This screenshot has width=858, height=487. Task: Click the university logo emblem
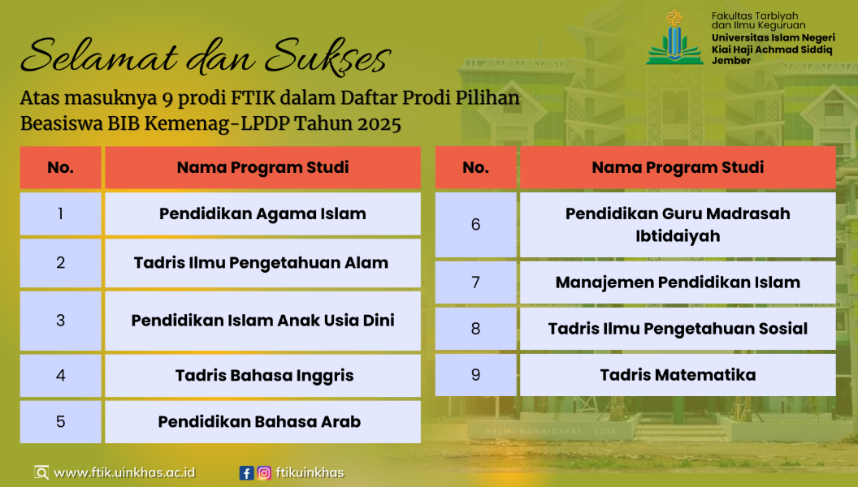674,37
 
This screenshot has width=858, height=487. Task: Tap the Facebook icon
246,472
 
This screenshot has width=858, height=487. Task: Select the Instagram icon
264,472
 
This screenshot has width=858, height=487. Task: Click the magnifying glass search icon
41,472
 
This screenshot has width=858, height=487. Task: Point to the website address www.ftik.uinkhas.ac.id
125,472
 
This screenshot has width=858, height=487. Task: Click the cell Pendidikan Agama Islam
262,213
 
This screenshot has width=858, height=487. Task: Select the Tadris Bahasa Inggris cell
262,376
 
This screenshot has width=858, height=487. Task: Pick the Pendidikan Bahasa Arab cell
262,422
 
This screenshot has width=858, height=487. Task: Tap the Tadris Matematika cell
678,375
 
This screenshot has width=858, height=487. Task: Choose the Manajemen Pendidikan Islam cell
678,282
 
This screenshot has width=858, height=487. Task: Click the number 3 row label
61,321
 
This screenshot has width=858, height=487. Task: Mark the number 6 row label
475,225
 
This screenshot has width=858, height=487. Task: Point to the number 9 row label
475,375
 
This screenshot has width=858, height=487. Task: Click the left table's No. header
61,167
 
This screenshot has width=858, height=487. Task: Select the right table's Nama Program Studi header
678,167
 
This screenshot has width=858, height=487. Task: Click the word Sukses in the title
328,56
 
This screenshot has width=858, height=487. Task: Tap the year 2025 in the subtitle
379,124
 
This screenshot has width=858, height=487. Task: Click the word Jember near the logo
731,61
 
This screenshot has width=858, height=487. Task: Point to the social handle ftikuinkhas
310,472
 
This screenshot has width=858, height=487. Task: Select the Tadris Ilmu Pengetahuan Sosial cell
678,329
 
